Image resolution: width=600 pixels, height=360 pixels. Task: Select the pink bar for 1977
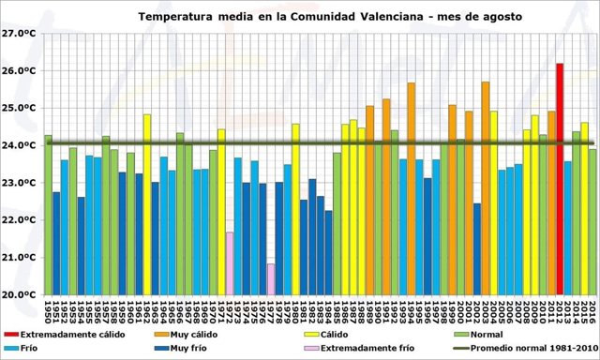pyautogui.click(x=271, y=278)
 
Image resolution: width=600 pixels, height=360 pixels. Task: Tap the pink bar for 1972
pyautogui.click(x=230, y=262)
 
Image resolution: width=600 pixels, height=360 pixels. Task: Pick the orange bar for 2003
pyautogui.click(x=485, y=187)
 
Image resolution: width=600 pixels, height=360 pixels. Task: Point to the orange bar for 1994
pyautogui.click(x=411, y=187)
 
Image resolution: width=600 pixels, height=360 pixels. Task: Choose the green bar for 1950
pyautogui.click(x=48, y=215)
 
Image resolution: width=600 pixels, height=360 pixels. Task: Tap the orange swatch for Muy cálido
pyautogui.click(x=160, y=334)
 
